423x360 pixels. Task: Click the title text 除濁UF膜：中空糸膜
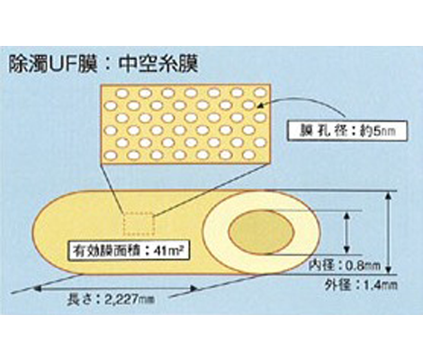[x=103, y=65]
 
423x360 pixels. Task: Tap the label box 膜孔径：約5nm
[x=346, y=131]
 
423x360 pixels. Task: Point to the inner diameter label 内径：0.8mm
[x=345, y=265]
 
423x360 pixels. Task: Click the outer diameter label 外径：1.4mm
[x=361, y=284]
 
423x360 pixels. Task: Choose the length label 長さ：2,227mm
[x=111, y=299]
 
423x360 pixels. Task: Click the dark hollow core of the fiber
[x=262, y=232]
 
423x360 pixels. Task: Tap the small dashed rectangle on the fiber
[x=139, y=224]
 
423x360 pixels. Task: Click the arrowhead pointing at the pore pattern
[x=261, y=105]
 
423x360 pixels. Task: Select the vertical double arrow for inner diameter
[x=346, y=232]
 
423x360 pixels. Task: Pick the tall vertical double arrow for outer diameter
[x=389, y=232]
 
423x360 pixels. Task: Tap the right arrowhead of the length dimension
[x=193, y=289]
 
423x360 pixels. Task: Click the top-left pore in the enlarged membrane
[x=121, y=94]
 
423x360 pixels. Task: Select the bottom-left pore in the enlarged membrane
[x=111, y=155]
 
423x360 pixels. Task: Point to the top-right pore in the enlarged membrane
[x=261, y=93]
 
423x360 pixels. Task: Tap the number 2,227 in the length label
[x=121, y=299]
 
